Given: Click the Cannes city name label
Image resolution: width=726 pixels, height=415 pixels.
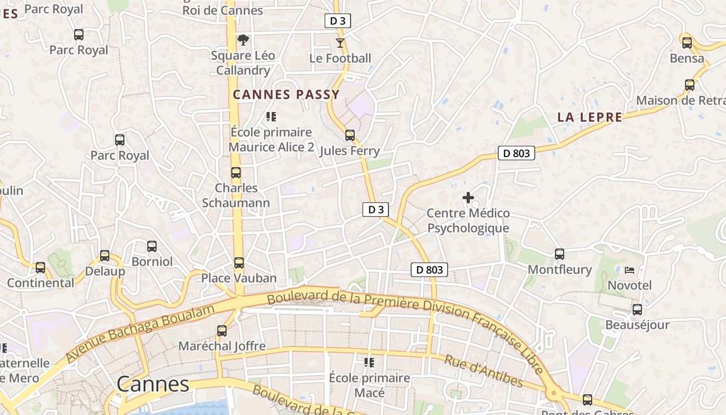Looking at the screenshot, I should pyautogui.click(x=153, y=384).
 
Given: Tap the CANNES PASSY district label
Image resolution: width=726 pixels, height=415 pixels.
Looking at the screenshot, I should pyautogui.click(x=286, y=94).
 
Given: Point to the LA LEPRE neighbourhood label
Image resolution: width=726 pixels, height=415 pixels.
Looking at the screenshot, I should pyautogui.click(x=590, y=117).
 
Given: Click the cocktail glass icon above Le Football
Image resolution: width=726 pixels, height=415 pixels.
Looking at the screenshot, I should pyautogui.click(x=340, y=43).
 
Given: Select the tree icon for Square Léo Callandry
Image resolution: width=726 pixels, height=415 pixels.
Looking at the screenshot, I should pyautogui.click(x=243, y=39).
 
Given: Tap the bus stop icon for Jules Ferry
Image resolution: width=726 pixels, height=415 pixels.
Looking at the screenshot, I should pyautogui.click(x=350, y=135).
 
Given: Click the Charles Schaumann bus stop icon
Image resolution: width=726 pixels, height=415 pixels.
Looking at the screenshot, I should pyautogui.click(x=236, y=173).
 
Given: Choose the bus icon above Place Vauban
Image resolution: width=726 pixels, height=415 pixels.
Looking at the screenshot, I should pyautogui.click(x=239, y=263).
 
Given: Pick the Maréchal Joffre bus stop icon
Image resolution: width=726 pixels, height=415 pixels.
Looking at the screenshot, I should pyautogui.click(x=222, y=331).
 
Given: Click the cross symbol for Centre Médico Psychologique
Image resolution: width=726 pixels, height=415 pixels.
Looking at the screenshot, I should pyautogui.click(x=468, y=198).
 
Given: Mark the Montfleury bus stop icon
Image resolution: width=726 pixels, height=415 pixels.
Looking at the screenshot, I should pyautogui.click(x=560, y=254).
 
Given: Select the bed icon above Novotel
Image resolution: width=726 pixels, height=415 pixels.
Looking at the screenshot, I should pyautogui.click(x=630, y=270).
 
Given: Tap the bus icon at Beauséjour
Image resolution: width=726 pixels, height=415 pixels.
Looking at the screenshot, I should pyautogui.click(x=637, y=310).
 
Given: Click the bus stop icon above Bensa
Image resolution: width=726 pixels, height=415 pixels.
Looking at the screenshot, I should pyautogui.click(x=687, y=43).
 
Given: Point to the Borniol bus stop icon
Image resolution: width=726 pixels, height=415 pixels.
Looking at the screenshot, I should pyautogui.click(x=152, y=246).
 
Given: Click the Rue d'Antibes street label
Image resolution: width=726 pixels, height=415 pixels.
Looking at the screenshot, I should pyautogui.click(x=484, y=371).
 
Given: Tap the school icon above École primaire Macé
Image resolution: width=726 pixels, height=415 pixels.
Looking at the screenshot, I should pyautogui.click(x=369, y=362).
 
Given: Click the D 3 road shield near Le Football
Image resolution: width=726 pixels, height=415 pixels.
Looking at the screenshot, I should pyautogui.click(x=338, y=21).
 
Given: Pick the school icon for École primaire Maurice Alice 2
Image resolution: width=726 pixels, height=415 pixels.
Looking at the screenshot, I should pyautogui.click(x=271, y=117).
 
